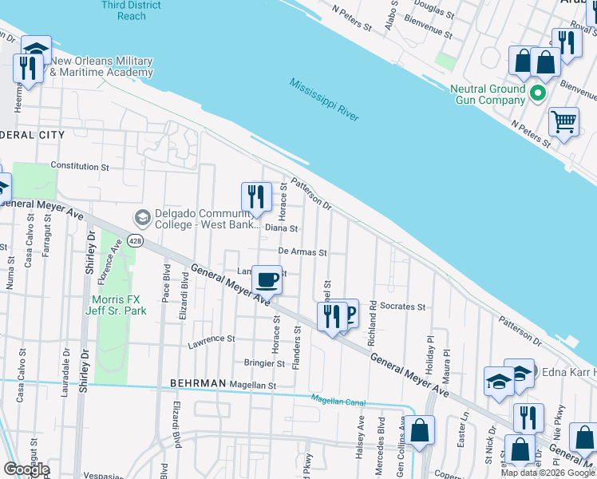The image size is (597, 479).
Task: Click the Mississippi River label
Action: (x=324, y=100)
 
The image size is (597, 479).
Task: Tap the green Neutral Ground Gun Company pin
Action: (x=539, y=94)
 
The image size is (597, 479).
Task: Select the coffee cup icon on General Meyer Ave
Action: (x=267, y=280)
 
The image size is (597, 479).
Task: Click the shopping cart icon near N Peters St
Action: (x=563, y=122)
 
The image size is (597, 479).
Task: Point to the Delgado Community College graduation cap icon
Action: (x=143, y=218)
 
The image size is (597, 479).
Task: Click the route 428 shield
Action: (x=137, y=241)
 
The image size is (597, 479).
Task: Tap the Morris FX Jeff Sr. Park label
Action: (x=114, y=305)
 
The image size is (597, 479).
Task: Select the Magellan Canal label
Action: (x=337, y=399)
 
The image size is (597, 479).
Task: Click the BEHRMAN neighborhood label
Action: (x=198, y=384)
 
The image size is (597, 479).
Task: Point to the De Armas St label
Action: (x=302, y=251)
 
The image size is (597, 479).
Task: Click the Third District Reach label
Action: (x=132, y=10)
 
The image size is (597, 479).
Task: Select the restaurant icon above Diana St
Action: (x=256, y=196)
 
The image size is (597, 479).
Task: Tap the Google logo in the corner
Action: (x=26, y=469)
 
